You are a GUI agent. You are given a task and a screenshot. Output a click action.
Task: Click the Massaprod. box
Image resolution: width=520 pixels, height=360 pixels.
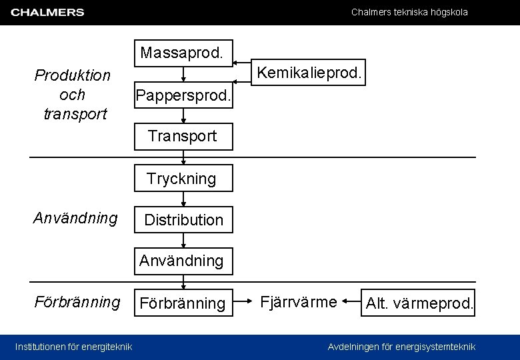[x=183, y=53]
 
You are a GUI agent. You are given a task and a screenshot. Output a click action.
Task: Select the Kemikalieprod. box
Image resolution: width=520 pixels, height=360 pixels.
[x=310, y=73]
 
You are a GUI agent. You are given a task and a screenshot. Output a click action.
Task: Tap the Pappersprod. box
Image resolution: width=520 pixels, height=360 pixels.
[x=183, y=96]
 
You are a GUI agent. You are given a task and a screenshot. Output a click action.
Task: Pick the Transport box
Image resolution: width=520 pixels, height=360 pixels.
[x=183, y=137]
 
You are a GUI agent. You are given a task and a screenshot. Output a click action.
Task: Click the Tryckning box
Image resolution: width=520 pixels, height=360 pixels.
[x=183, y=179]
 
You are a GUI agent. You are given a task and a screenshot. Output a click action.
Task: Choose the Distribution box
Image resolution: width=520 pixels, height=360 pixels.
[x=183, y=219]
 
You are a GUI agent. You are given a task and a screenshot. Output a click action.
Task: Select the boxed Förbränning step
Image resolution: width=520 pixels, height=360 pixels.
[x=183, y=303]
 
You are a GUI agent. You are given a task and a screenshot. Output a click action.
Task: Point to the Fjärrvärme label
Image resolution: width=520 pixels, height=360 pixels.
[x=299, y=302]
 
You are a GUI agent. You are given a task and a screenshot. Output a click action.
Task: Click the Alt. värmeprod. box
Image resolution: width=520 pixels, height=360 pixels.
[x=419, y=305]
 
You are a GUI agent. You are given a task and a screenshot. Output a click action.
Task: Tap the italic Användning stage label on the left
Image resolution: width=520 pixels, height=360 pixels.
[x=75, y=217]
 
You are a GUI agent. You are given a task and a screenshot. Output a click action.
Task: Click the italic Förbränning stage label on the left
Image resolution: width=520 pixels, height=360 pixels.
[x=77, y=302]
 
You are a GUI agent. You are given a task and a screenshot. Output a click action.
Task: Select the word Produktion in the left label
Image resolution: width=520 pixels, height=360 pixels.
[x=72, y=75]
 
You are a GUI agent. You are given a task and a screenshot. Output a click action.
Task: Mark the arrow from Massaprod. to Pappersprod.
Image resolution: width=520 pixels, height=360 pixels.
[x=183, y=75]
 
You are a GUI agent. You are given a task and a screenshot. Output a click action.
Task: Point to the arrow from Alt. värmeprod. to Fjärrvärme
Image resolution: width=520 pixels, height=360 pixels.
[x=352, y=303]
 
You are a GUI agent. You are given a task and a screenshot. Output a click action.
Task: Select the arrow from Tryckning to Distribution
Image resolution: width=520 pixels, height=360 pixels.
[x=183, y=199]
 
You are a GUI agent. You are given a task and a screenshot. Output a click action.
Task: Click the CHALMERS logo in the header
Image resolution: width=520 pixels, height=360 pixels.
[x=47, y=13]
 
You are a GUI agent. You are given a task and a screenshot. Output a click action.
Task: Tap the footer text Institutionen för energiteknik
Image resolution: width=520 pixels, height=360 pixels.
[x=73, y=347]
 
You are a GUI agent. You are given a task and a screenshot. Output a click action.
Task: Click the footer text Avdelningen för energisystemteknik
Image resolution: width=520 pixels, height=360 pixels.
[x=401, y=347]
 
